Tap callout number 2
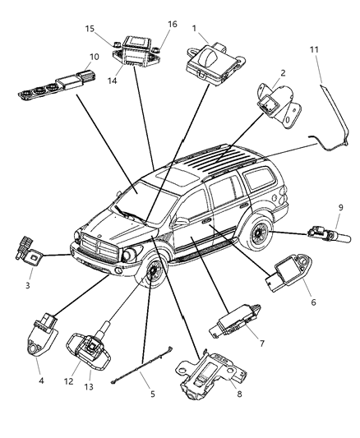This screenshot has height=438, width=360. coord(282,72)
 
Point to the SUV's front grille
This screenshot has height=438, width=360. coord(90,241)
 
